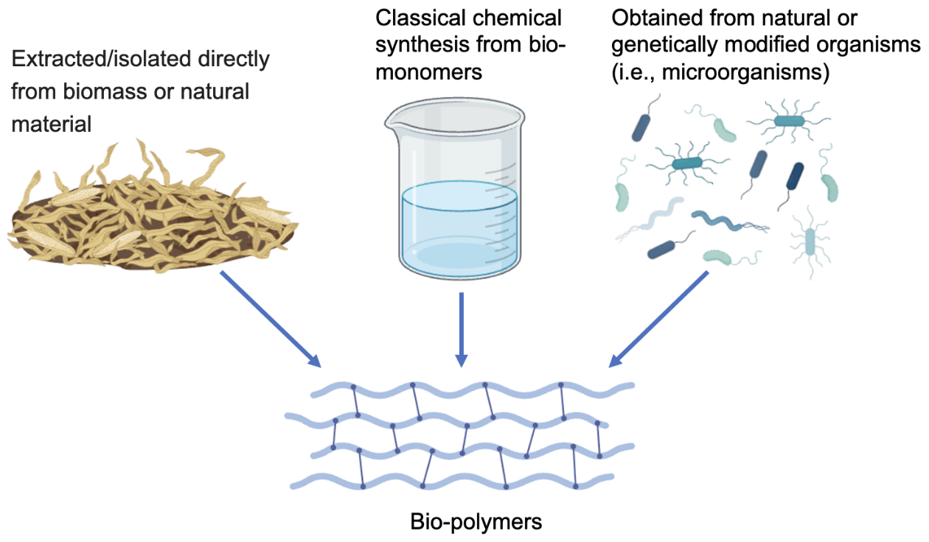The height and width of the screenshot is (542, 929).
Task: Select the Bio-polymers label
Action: pos(476,523)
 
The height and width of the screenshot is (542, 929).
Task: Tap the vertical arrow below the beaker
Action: pos(461,328)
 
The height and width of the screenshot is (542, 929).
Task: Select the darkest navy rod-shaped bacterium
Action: pos(795,176)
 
